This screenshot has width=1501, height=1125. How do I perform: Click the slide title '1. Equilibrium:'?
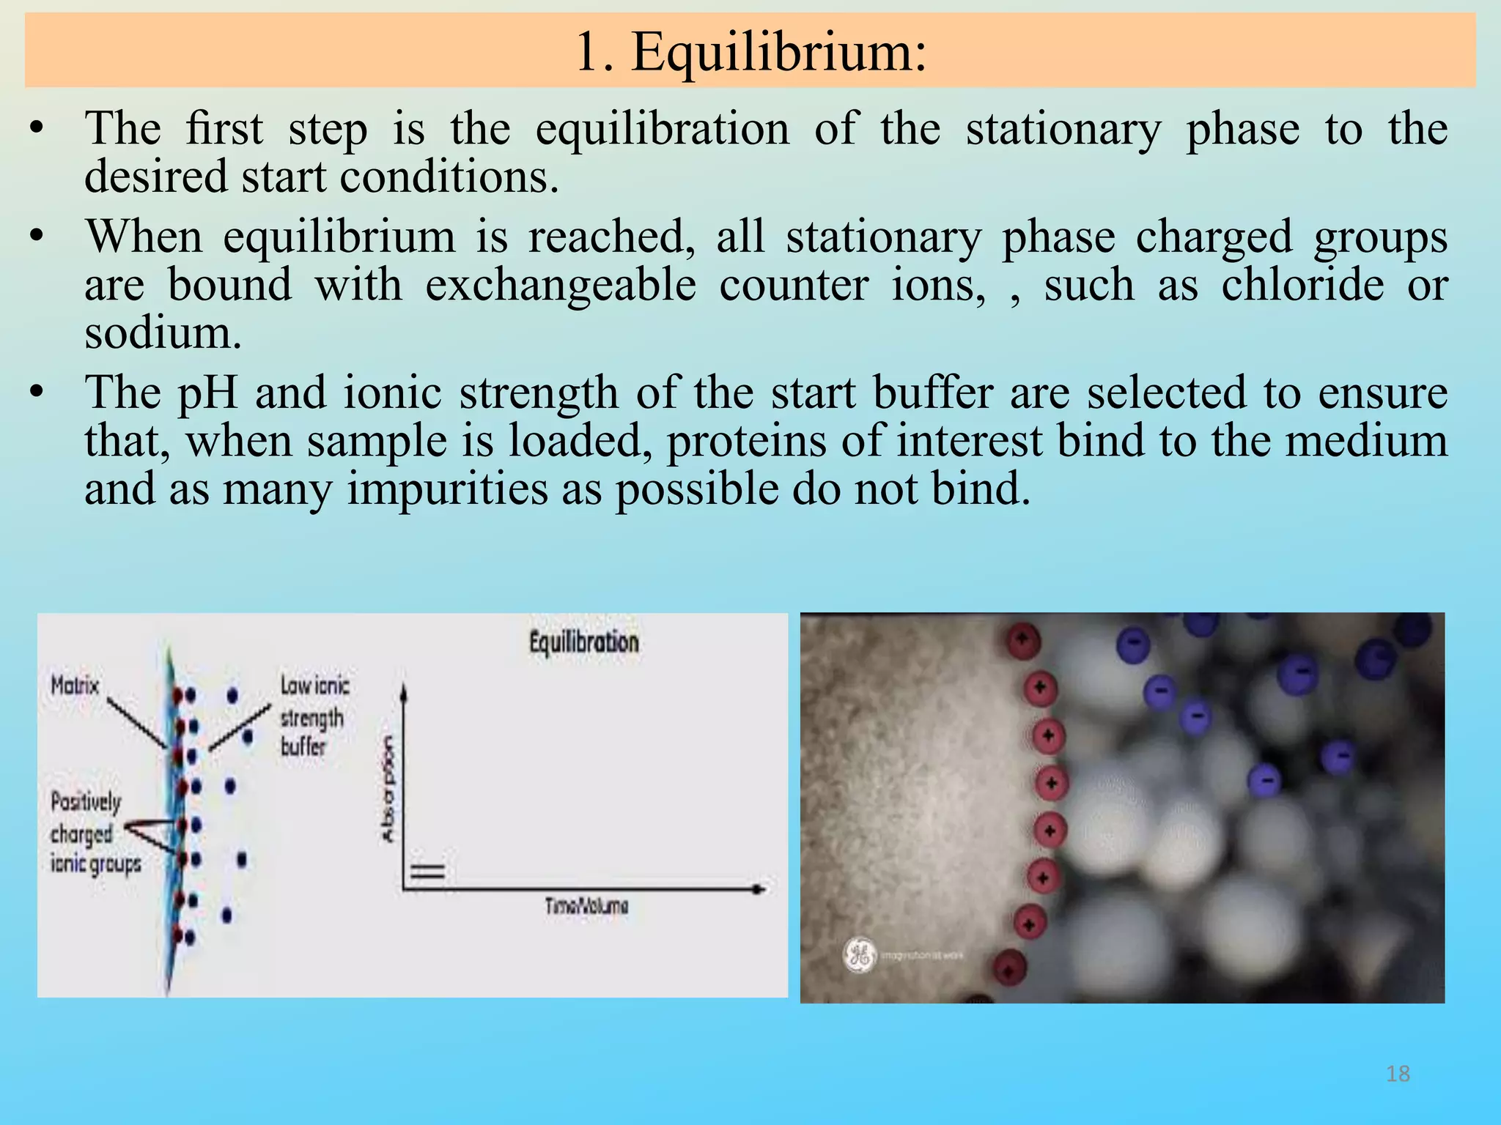[x=750, y=53]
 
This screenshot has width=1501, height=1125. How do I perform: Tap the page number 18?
[x=1398, y=1074]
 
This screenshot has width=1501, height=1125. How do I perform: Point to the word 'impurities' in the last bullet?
[x=446, y=489]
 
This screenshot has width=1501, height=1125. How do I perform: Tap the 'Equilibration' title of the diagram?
[x=584, y=642]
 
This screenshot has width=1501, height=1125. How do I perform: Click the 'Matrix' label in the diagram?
[x=75, y=686]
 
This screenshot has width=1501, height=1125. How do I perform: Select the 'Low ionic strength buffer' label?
[x=314, y=716]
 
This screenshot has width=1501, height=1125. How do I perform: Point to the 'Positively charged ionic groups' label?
[x=94, y=833]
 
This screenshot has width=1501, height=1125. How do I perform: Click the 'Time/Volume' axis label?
[x=586, y=907]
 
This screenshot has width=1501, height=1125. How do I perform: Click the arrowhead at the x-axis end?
[x=760, y=888]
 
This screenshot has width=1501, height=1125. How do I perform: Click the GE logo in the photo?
[x=859, y=954]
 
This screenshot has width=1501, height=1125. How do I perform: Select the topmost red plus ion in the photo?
[x=1022, y=640]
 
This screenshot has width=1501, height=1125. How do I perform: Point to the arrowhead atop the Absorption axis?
[x=404, y=690]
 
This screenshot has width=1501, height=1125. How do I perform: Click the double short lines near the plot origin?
[x=427, y=872]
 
